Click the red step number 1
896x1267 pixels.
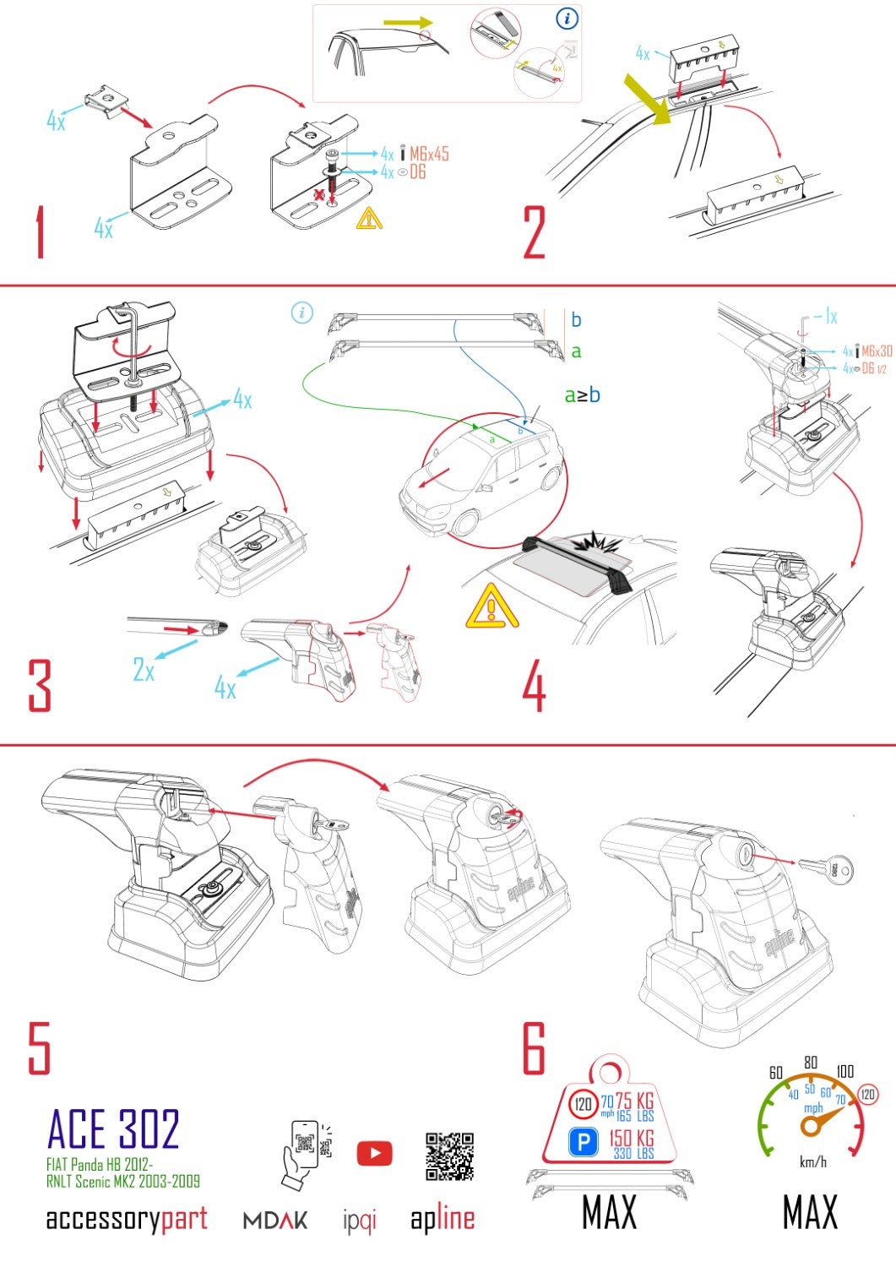tap(39, 231)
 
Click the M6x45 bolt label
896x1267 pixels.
tap(429, 154)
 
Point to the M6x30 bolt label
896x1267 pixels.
tap(877, 351)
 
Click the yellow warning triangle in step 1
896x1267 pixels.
tap(369, 219)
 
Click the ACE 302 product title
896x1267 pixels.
tap(113, 1129)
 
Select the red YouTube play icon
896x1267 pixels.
tap(374, 1153)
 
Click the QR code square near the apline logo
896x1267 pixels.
tap(449, 1156)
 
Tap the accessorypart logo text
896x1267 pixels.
tap(127, 1219)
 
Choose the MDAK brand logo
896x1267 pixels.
tap(275, 1221)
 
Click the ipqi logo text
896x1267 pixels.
tap(360, 1221)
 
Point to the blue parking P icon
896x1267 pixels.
tap(584, 1143)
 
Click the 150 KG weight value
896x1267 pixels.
tap(632, 1138)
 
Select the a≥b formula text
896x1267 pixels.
tap(582, 394)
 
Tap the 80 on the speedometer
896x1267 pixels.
tap(811, 1062)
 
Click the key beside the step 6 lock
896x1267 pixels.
tap(826, 867)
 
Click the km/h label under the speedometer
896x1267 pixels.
tap(812, 1162)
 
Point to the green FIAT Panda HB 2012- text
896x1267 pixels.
tap(100, 1165)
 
